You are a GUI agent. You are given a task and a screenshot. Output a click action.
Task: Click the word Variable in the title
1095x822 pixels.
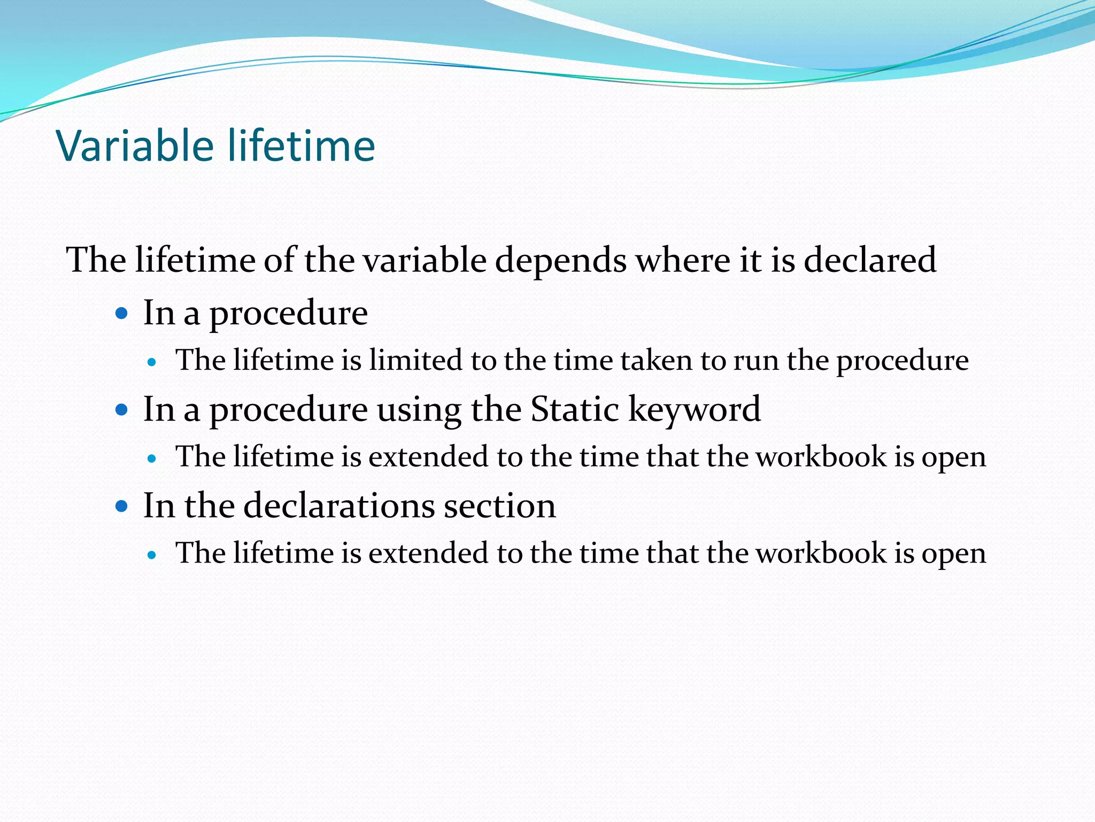pos(135,146)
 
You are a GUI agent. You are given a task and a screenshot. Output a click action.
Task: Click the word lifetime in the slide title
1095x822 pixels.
pos(302,146)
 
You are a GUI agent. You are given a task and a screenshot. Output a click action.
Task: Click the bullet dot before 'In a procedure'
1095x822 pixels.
pos(122,313)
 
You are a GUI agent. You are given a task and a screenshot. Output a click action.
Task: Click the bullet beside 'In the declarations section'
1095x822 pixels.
pos(122,506)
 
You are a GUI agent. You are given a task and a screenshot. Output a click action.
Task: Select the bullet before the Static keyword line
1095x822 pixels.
pos(122,410)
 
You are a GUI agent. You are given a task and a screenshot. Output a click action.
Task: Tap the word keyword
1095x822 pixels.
pos(694,410)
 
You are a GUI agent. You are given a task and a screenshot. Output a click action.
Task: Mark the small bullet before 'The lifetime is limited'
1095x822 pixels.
pos(152,362)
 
